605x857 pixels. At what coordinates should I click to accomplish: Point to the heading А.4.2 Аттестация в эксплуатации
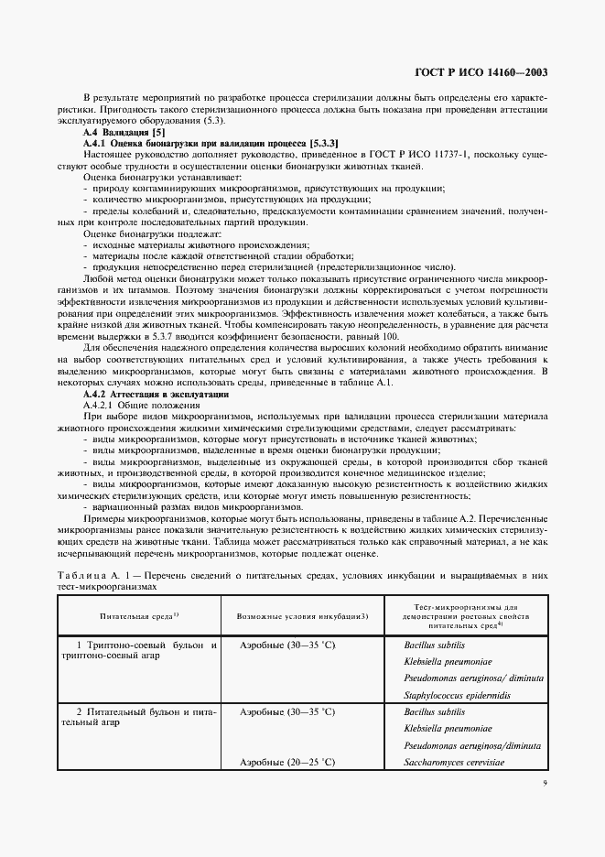point(157,393)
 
